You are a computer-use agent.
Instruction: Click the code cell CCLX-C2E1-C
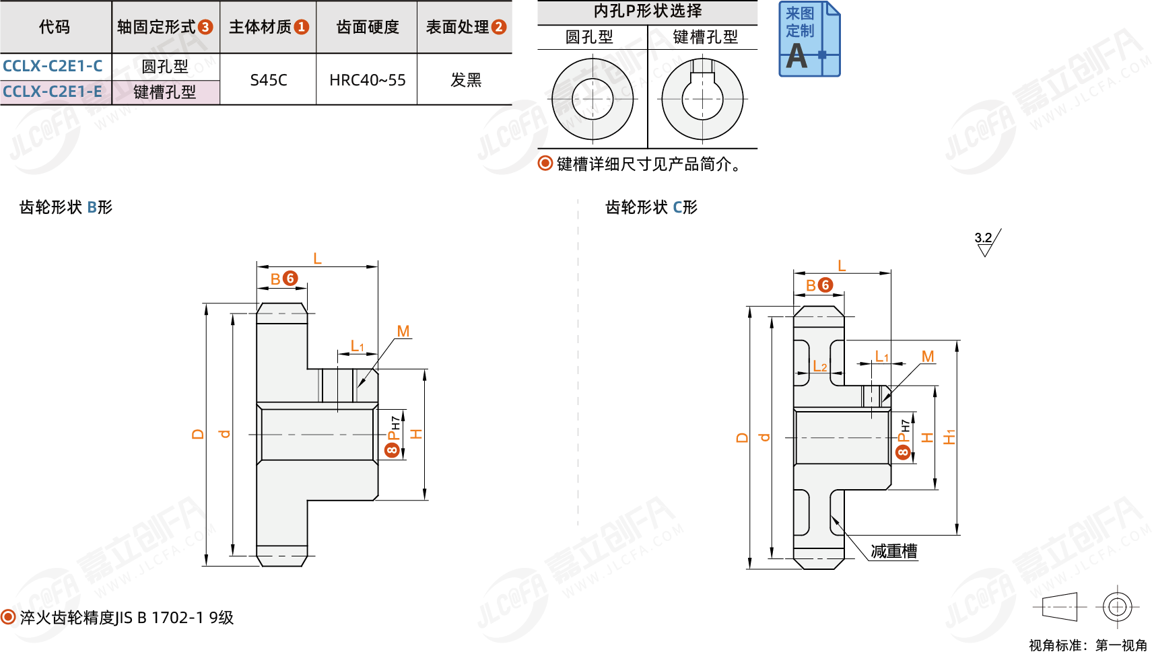pyautogui.click(x=53, y=66)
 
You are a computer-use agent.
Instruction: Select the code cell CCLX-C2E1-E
pyautogui.click(x=53, y=92)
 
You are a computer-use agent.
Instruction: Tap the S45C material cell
pyautogui.click(x=268, y=80)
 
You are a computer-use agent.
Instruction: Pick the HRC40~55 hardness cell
pyautogui.click(x=367, y=80)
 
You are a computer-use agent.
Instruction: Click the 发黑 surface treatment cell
pyautogui.click(x=465, y=80)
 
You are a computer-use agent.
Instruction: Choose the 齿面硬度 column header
pyautogui.click(x=367, y=27)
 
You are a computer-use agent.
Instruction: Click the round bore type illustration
pyautogui.click(x=592, y=99)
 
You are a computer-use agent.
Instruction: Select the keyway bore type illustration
pyautogui.click(x=702, y=99)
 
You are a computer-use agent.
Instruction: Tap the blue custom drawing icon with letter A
pyautogui.click(x=809, y=39)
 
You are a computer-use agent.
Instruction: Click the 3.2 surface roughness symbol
pyautogui.click(x=986, y=243)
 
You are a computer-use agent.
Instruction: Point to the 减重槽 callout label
pyautogui.click(x=893, y=552)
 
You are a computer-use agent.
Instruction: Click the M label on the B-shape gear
pyautogui.click(x=403, y=331)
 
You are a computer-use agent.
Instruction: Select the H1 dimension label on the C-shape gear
pyautogui.click(x=949, y=437)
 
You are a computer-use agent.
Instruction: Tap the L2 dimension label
pyautogui.click(x=819, y=366)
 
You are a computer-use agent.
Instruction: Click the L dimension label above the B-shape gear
pyautogui.click(x=317, y=258)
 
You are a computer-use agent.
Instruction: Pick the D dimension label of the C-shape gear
pyautogui.click(x=742, y=437)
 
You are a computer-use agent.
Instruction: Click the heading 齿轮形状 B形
pyautogui.click(x=66, y=207)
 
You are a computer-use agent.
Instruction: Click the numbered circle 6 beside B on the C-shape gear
pyautogui.click(x=825, y=285)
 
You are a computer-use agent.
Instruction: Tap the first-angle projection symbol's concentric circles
pyautogui.click(x=1117, y=607)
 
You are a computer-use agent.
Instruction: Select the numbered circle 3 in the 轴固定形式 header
pyautogui.click(x=205, y=27)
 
